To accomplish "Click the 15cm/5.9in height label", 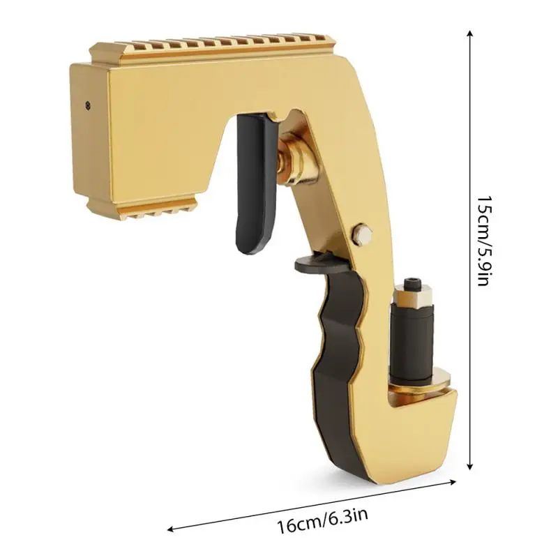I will (x=482, y=241).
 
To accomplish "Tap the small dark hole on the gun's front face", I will (x=87, y=106).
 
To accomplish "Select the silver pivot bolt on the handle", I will (x=362, y=233).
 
